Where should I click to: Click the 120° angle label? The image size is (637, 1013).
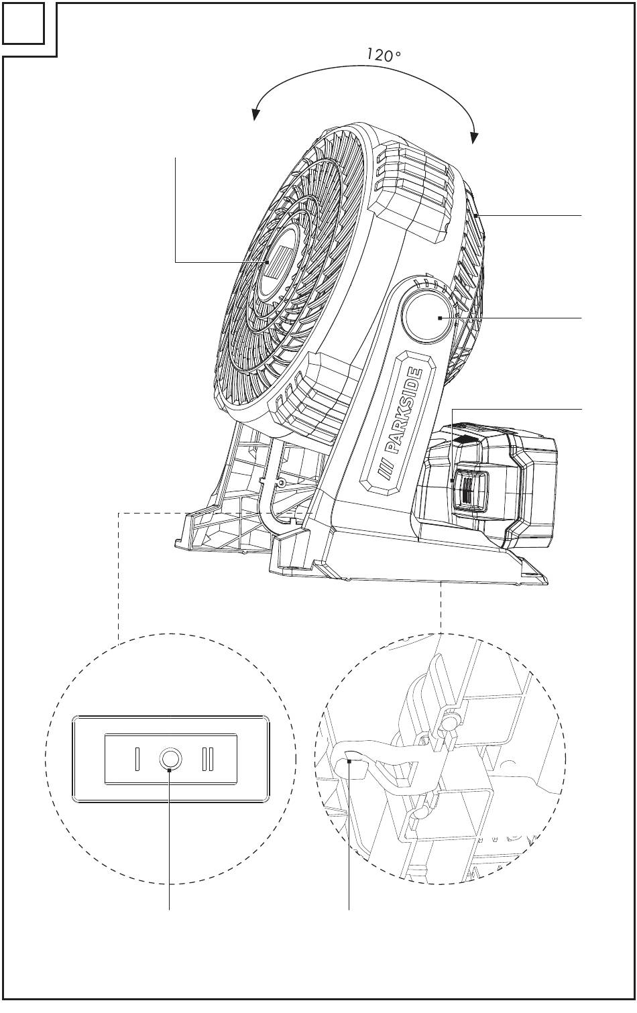click(x=383, y=55)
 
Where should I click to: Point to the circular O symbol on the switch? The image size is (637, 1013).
click(x=170, y=758)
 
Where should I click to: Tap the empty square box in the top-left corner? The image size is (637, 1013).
click(x=23, y=23)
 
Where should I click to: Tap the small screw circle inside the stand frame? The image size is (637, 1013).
click(x=282, y=483)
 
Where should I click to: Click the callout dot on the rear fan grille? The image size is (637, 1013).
click(x=476, y=216)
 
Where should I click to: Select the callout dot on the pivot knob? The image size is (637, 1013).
click(x=440, y=318)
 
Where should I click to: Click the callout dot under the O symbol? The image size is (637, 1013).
click(x=169, y=770)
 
